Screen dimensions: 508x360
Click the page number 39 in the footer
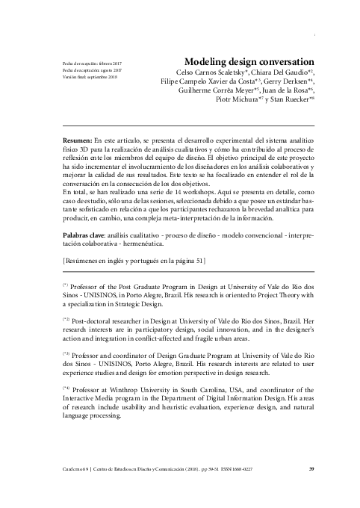311,469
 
